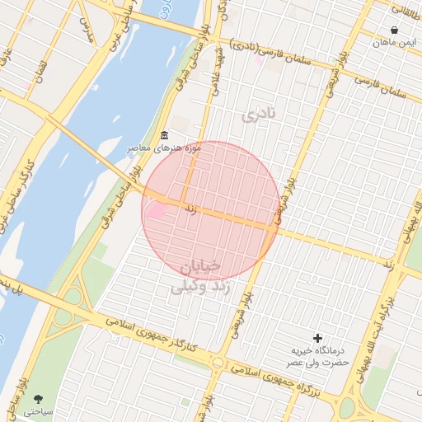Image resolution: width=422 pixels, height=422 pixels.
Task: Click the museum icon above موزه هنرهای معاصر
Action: point(164,135)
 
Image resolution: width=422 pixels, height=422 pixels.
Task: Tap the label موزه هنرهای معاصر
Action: point(162,148)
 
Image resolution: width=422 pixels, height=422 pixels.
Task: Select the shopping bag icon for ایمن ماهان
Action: point(395,30)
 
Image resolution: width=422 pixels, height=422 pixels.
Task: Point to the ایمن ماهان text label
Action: point(396,41)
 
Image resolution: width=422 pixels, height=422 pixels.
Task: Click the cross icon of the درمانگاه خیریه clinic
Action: point(318,337)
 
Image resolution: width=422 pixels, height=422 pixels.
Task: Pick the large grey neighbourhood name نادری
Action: point(256,115)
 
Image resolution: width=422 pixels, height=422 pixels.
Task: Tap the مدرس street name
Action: point(86,31)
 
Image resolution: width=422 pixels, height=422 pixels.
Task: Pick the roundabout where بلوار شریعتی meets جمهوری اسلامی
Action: point(217,363)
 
